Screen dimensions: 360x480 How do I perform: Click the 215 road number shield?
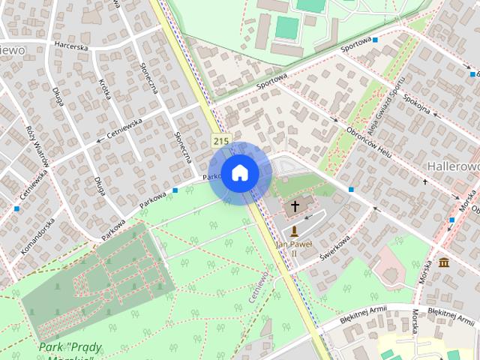coord(220,140)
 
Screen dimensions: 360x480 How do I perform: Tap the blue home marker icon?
coord(239,173)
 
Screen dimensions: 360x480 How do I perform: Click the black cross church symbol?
coord(295,205)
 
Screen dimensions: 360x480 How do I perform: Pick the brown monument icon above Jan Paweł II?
coord(294,231)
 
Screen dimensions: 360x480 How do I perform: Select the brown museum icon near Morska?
coord(444,262)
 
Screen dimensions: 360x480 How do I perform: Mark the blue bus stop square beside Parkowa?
coord(175,190)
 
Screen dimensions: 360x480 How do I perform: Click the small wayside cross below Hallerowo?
coord(425,181)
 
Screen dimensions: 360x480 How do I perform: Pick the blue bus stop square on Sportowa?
coord(375,39)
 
